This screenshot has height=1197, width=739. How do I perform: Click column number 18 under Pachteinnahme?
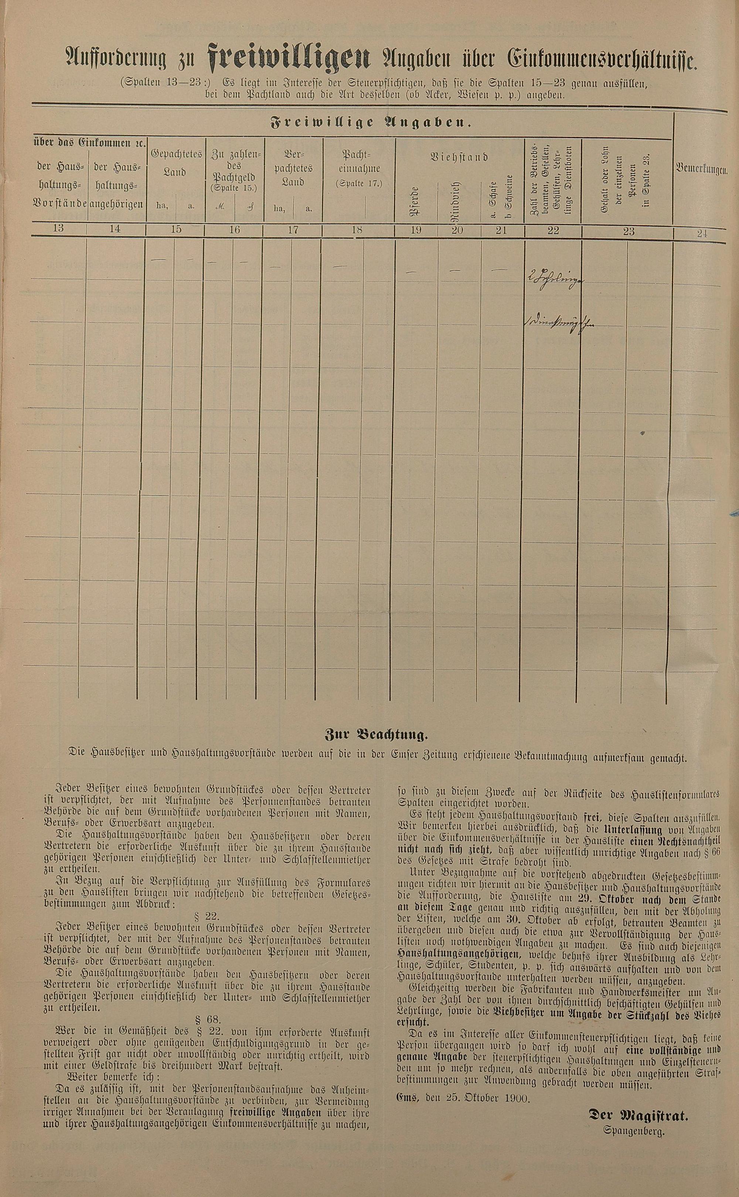(357, 230)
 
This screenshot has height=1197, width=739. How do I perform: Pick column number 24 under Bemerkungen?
(702, 233)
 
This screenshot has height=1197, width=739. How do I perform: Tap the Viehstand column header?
(459, 157)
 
